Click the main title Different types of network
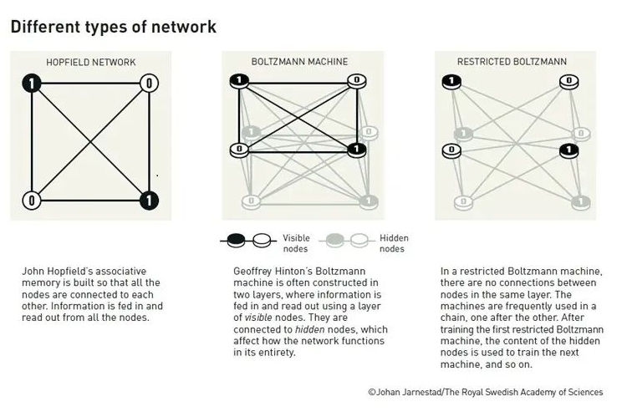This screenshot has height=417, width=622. [x=114, y=27]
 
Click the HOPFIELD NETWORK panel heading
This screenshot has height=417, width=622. [x=91, y=62]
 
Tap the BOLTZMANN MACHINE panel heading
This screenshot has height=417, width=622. [x=299, y=62]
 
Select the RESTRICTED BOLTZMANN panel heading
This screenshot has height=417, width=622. [x=512, y=62]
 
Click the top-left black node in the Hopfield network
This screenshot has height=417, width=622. [x=32, y=84]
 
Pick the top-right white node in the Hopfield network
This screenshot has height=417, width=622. [x=149, y=84]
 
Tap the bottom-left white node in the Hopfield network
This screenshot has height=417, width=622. [x=32, y=201]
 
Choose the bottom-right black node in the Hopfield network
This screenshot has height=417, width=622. [x=149, y=201]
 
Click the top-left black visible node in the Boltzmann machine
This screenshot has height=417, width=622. [x=239, y=81]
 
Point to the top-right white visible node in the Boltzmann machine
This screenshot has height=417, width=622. [x=357, y=81]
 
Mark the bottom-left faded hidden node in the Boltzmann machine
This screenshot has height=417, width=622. [x=251, y=201]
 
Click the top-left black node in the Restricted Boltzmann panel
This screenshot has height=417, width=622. [x=451, y=82]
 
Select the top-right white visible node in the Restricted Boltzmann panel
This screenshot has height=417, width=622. [x=568, y=82]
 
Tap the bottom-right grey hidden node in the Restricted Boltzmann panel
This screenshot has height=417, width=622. [x=581, y=202]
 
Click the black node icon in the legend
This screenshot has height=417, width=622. [x=236, y=240]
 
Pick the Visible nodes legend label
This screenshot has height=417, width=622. [x=296, y=243]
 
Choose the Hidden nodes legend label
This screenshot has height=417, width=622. [x=394, y=243]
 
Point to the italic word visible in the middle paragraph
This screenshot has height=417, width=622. [x=258, y=318]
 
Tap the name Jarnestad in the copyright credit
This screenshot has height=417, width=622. [x=422, y=393]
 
